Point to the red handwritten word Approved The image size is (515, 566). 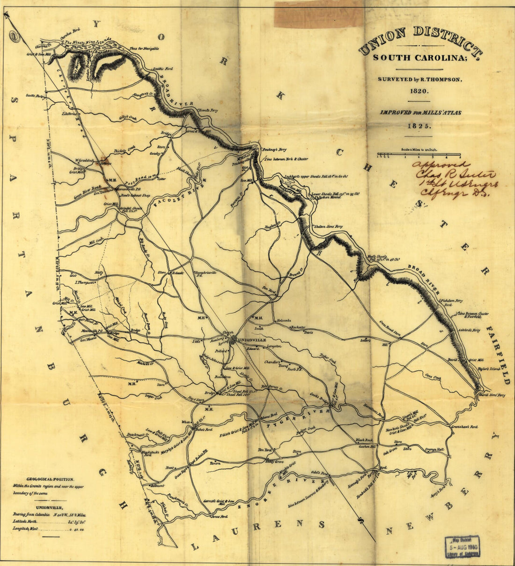(441, 165)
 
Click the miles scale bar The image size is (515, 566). (419, 155)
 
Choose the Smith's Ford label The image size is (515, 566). (163, 68)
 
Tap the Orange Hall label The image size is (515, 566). (434, 449)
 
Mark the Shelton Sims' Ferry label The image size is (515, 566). (328, 226)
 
